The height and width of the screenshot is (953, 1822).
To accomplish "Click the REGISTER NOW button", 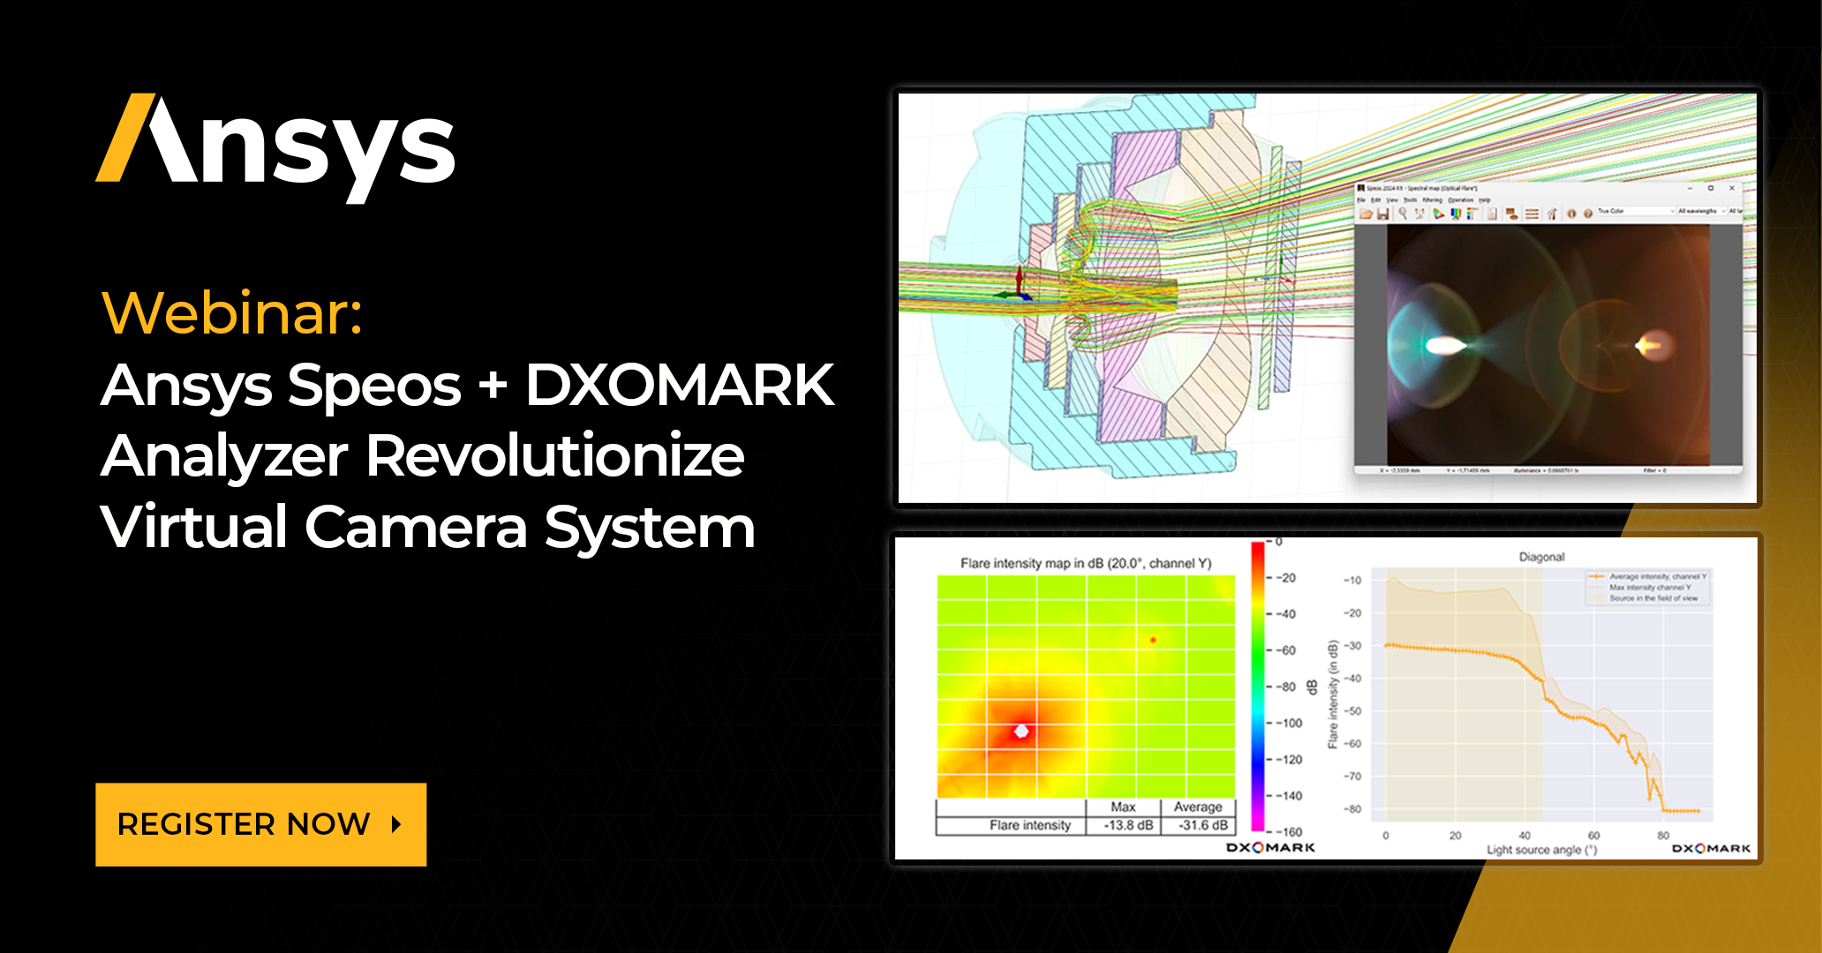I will pos(260,824).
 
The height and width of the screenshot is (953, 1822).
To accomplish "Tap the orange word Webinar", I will pos(231,313).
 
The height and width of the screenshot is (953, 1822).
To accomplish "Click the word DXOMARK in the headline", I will pos(679,386).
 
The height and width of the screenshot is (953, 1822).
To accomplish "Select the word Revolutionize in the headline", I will pos(554,456).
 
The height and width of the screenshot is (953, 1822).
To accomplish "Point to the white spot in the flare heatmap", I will pos(1021,732).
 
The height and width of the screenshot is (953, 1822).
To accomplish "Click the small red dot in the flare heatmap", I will pos(1153,640).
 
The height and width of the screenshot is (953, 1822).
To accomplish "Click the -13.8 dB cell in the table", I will pos(1128,826).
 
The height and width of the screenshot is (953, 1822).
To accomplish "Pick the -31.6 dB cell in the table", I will pos(1202,826).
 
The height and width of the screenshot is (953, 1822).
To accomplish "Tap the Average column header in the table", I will pos(1198,807).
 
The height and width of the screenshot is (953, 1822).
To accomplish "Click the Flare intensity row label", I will pos(1029,826).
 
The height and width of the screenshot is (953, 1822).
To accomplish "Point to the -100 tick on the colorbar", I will pos(1289,723).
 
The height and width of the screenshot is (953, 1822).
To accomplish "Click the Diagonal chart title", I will pos(1541,557).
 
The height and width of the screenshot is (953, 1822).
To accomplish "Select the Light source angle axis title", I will pos(1541,850).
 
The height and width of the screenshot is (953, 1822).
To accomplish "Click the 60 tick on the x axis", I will pos(1593,835).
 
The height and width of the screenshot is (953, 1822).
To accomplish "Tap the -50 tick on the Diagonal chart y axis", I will pos(1352,711).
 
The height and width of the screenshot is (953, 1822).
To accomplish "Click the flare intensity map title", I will pos(1086,563).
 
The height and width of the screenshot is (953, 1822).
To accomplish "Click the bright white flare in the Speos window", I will pos(1444,346).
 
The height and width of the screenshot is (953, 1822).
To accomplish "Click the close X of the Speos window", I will pos(1732,188).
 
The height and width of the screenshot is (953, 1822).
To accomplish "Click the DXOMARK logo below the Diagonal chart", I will pos(1711,849).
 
